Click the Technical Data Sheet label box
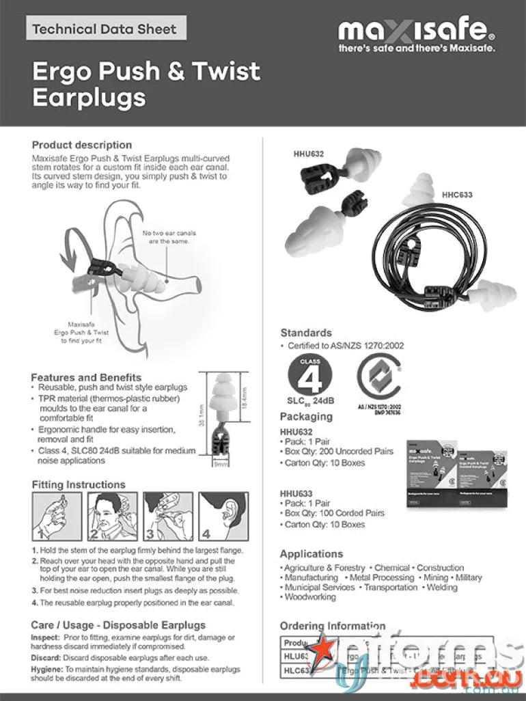[106, 29]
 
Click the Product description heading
[82, 145]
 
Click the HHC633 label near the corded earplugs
[457, 195]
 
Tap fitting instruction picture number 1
[57, 517]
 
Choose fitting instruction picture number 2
[112, 517]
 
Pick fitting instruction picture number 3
[167, 517]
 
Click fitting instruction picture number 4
[223, 517]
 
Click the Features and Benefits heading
[86, 377]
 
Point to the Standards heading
[306, 333]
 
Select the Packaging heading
[306, 417]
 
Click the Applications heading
[312, 553]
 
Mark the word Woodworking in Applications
[310, 596]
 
